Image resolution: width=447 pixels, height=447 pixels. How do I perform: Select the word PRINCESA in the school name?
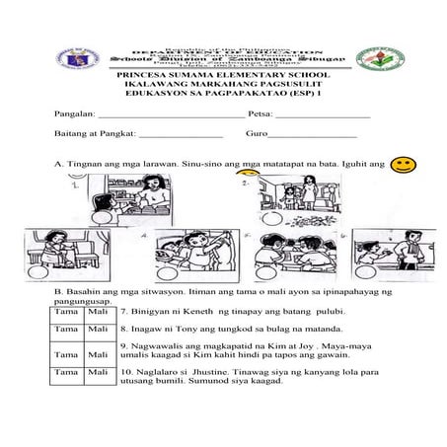coord(142,75)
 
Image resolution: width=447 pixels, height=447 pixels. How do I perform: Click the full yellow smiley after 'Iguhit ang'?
coord(402,164)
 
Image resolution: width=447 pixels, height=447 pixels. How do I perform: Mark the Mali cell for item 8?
coord(98,327)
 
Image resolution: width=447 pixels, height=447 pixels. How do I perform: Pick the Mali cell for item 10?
coord(98,372)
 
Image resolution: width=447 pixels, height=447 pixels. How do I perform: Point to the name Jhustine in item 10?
coord(210,372)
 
